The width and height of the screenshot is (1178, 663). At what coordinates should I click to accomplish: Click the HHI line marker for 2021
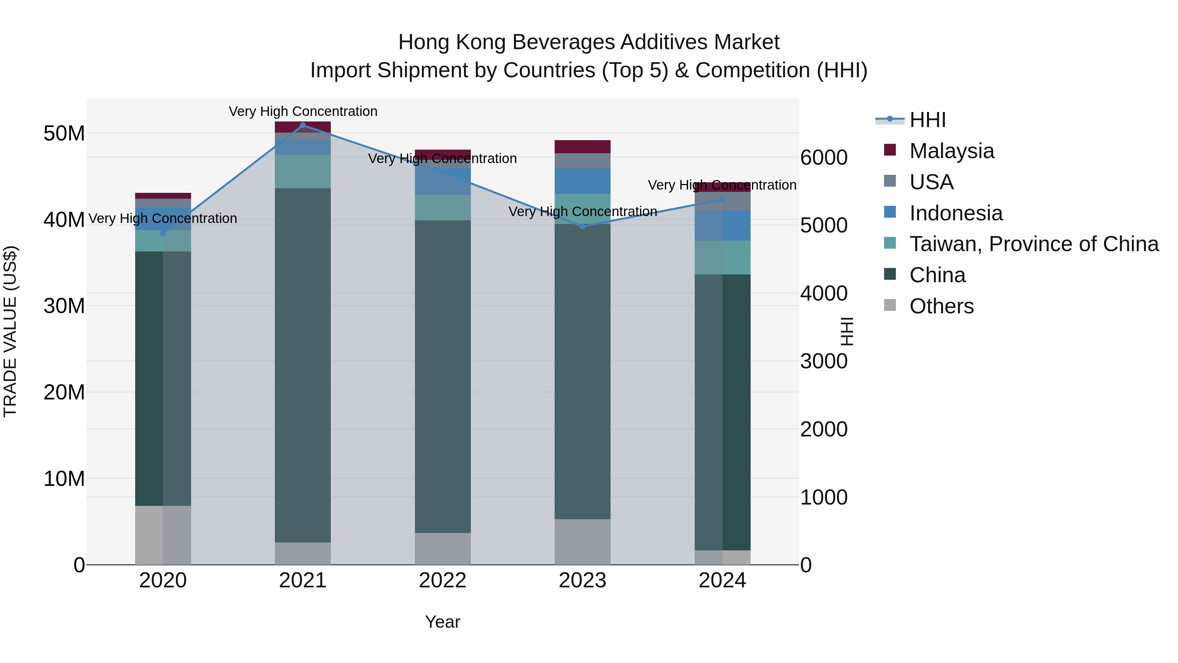click(303, 125)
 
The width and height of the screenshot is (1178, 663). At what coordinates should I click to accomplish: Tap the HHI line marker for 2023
click(582, 227)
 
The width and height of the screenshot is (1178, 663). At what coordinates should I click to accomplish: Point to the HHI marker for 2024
click(723, 199)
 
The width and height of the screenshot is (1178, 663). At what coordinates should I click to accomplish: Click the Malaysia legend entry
click(952, 151)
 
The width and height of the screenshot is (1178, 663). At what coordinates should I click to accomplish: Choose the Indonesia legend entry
click(956, 213)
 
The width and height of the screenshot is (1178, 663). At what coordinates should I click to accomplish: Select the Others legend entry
click(941, 306)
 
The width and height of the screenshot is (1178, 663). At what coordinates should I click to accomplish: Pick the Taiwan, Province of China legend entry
click(1033, 244)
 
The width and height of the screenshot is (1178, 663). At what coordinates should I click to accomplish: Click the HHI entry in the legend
click(927, 120)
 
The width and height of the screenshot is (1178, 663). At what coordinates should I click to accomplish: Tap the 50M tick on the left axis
click(64, 134)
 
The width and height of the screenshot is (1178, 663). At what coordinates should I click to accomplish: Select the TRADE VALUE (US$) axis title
click(10, 331)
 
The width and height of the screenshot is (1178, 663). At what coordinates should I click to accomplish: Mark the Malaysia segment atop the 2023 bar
click(582, 146)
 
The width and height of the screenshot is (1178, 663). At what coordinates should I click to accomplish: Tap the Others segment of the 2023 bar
click(582, 542)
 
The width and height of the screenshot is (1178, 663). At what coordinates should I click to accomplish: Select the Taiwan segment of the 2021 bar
click(303, 172)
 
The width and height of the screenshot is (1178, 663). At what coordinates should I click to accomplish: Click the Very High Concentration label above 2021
click(303, 111)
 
